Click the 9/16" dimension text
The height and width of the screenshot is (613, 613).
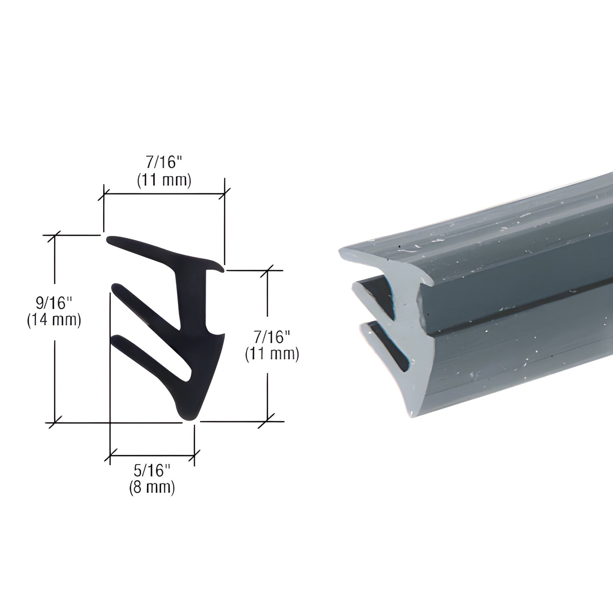tap(54, 304)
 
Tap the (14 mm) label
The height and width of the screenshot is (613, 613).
tap(54, 320)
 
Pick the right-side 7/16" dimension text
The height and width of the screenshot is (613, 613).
tap(272, 338)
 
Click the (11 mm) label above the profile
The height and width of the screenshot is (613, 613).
tap(164, 181)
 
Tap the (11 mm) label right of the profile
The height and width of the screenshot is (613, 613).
tap(272, 354)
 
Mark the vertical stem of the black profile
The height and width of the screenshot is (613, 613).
tap(192, 297)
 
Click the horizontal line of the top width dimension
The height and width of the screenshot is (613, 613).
tap(164, 194)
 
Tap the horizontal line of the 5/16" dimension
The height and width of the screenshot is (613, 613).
tap(152, 456)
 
